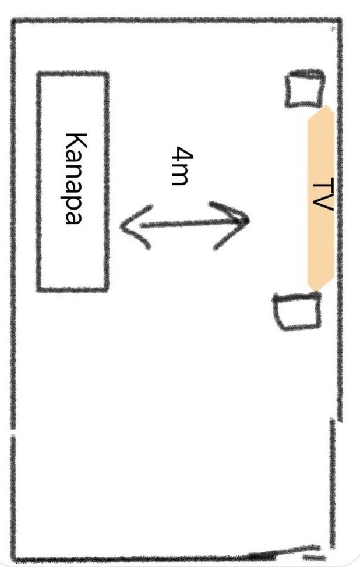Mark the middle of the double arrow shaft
(185, 224)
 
